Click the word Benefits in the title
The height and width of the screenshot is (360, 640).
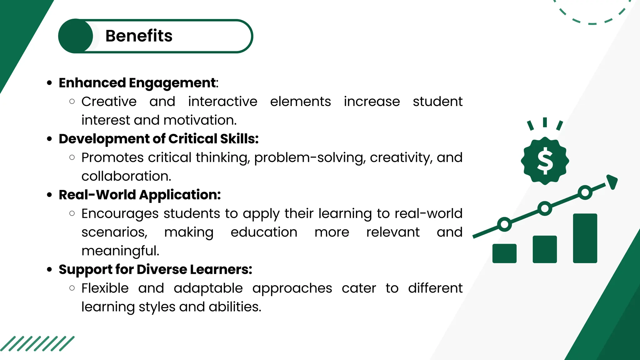tap(139, 36)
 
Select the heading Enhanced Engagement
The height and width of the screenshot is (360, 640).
tap(137, 83)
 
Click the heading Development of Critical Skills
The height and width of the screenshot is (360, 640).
tap(158, 139)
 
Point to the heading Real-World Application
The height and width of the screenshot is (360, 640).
tap(140, 195)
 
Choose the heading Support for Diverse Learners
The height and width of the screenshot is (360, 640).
tap(155, 269)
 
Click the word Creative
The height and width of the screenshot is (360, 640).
tap(109, 102)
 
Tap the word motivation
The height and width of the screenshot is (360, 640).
tap(200, 120)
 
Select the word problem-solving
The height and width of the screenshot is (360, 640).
tap(310, 158)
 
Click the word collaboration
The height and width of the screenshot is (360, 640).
tap(126, 176)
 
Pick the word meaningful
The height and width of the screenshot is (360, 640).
tap(120, 251)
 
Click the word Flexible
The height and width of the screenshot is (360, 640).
tap(105, 288)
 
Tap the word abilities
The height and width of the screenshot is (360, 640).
tap(235, 307)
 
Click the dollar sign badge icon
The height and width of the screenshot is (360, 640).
tap(545, 161)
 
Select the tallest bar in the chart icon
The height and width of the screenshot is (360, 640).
tap(585, 238)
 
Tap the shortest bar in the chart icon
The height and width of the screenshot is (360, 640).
tap(504, 253)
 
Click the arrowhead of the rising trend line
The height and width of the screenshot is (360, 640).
tap(612, 181)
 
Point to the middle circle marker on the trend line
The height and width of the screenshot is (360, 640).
tap(545, 208)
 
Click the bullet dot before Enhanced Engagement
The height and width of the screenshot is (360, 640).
tap(49, 83)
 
